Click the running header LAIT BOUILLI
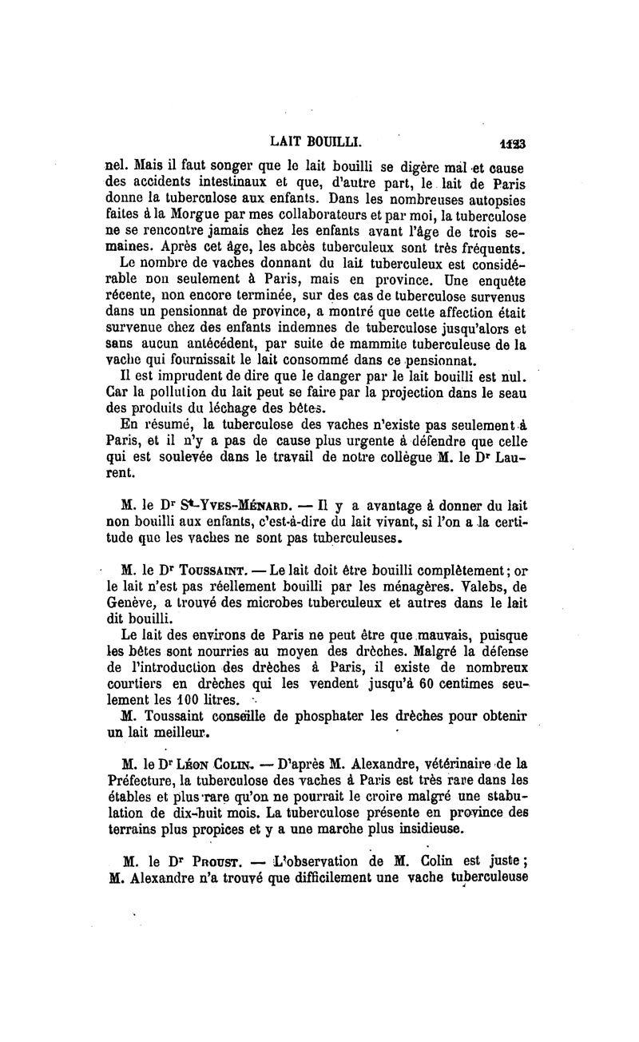tap(317, 144)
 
